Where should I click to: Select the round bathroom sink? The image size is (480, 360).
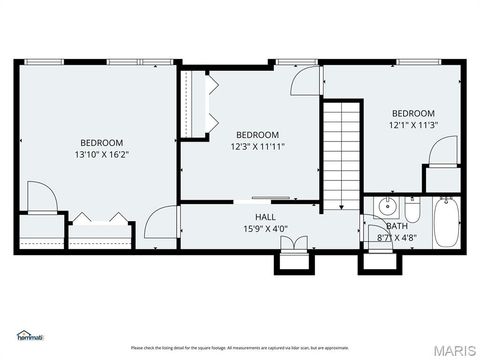[387, 209]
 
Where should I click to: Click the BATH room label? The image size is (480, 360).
[396, 226]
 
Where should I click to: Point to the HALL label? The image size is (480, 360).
[265, 217]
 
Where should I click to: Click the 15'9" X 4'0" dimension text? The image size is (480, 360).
[265, 229]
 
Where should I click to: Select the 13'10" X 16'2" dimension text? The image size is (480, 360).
[102, 155]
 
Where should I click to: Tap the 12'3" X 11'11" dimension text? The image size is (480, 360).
[257, 147]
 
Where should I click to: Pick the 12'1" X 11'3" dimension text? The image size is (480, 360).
[413, 125]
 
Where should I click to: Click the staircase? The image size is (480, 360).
[341, 150]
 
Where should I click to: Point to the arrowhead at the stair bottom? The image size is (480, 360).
[341, 205]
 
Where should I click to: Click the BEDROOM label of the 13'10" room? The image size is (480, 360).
[102, 142]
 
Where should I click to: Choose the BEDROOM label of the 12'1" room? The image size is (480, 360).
[413, 113]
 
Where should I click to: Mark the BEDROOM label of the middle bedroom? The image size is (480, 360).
[257, 135]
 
